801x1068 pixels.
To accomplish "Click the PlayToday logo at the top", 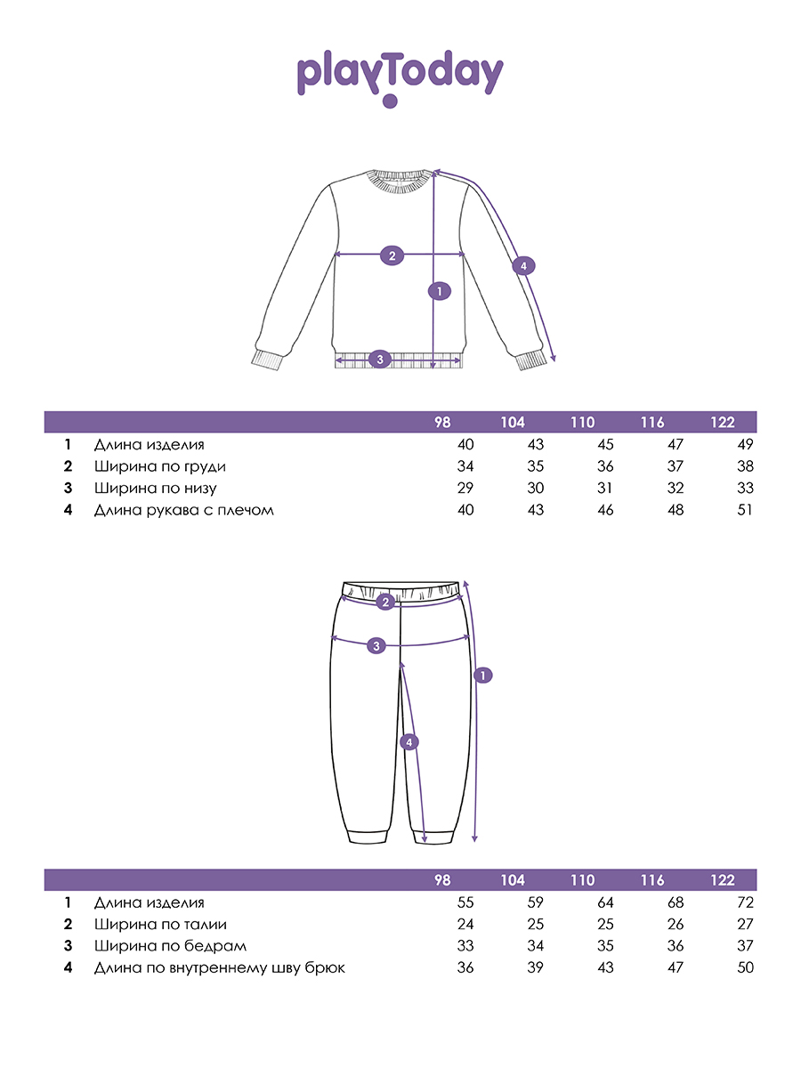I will [x=400, y=77].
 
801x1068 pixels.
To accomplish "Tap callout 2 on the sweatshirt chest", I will [x=391, y=255].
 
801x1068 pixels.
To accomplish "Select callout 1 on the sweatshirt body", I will [x=438, y=290].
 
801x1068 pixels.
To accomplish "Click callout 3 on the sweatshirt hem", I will [x=380, y=360].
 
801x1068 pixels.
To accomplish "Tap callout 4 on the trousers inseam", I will [x=409, y=741].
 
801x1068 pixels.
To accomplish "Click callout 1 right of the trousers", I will [x=481, y=676].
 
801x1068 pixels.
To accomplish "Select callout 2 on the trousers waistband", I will [x=385, y=603].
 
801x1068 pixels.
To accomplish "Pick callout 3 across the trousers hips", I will [x=376, y=645].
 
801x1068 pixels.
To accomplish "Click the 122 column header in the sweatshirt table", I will [x=723, y=422].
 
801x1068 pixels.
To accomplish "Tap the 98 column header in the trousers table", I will [x=442, y=880].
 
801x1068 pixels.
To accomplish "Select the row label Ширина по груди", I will [x=160, y=466].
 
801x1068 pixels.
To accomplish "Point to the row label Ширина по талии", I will [x=160, y=924].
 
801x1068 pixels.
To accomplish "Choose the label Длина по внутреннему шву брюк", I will [x=219, y=967].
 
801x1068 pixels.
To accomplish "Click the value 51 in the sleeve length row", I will [x=744, y=510].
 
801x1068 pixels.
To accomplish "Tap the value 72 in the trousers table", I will [x=744, y=902].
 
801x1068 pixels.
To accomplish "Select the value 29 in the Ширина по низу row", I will [x=465, y=488].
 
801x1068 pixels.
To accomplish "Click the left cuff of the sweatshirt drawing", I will [x=266, y=360].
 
